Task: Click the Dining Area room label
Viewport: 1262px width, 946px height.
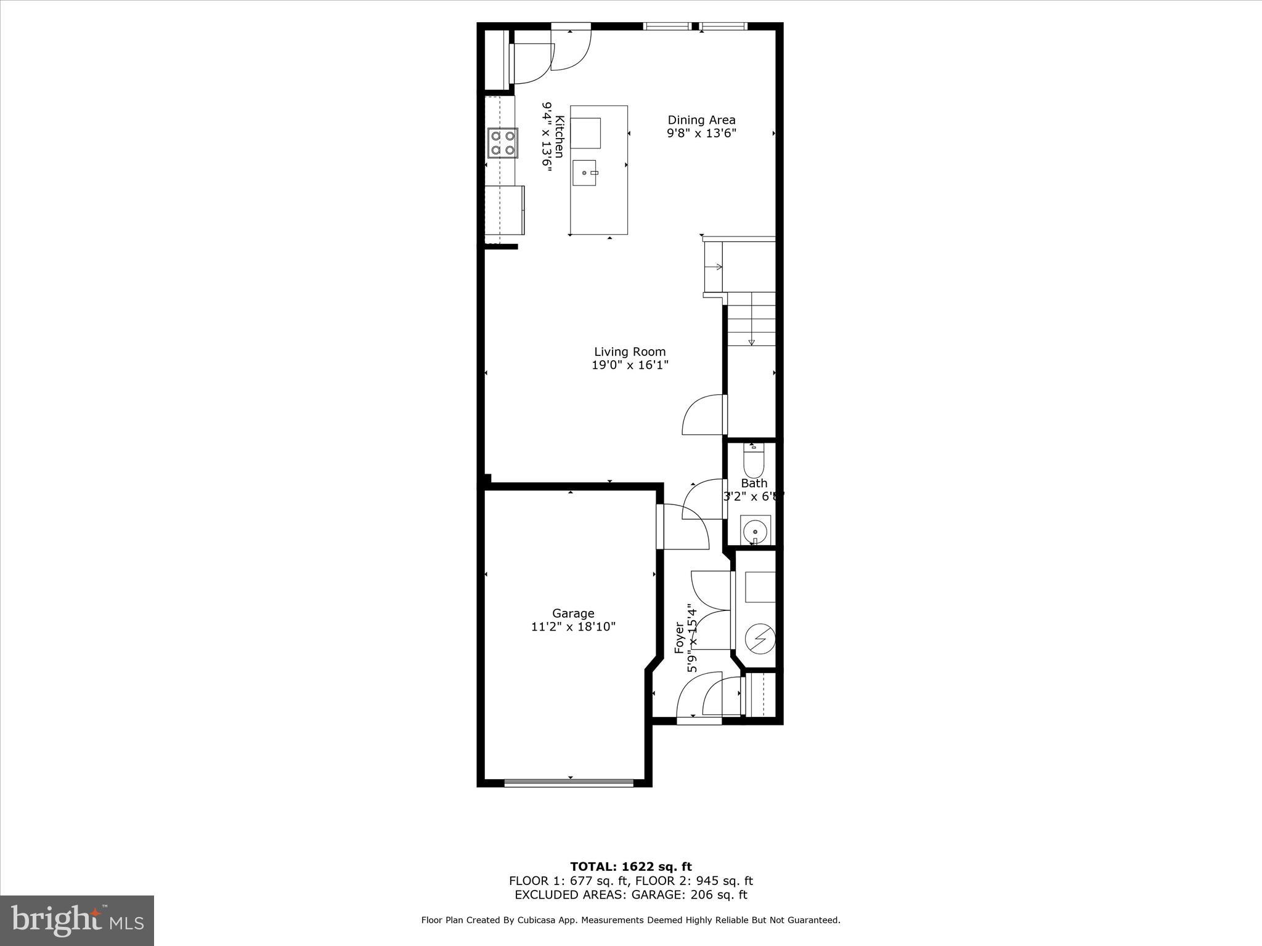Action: click(701, 120)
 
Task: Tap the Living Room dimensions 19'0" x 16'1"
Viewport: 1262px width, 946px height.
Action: click(630, 365)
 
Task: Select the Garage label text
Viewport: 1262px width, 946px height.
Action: click(573, 613)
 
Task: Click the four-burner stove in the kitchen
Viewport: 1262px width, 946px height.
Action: click(502, 143)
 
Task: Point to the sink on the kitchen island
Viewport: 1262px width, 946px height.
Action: click(584, 172)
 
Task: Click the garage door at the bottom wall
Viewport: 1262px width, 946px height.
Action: click(568, 783)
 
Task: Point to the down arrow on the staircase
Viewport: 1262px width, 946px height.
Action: click(751, 342)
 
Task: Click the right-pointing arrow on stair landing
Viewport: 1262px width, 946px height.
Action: click(718, 267)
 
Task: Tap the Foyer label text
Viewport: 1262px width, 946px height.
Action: click(680, 638)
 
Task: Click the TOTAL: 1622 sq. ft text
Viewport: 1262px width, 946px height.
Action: click(630, 867)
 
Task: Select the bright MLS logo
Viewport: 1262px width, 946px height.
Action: click(76, 920)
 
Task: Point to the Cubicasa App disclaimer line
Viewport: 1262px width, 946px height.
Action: click(630, 920)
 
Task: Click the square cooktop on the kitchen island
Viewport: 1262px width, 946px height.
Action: click(585, 132)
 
